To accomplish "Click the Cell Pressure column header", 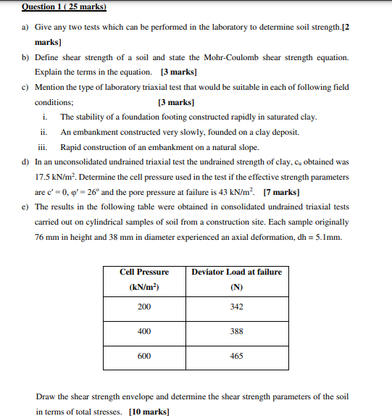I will click(144, 272).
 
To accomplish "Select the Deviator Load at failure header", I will click(236, 272).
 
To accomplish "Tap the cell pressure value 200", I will click(144, 307).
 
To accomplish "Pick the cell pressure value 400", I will click(144, 331).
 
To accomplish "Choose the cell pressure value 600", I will click(144, 356).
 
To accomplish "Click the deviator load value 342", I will click(236, 307).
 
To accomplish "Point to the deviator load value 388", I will click(236, 331).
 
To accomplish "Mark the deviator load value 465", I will click(236, 356).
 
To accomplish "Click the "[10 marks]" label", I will click(149, 411).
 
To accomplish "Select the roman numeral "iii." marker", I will click(44, 147).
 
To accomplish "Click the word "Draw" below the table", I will click(44, 396).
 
